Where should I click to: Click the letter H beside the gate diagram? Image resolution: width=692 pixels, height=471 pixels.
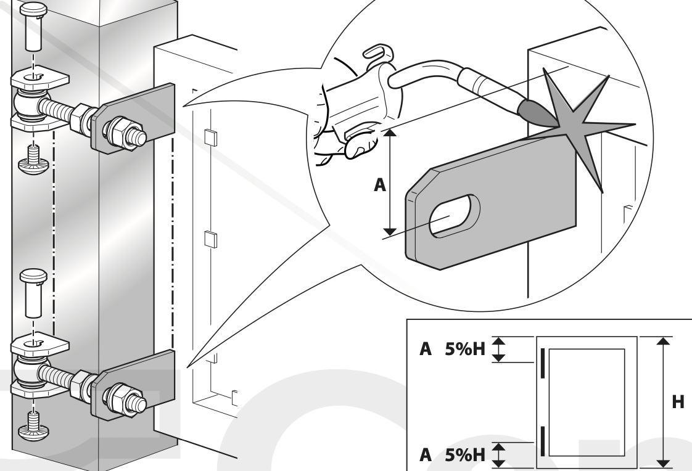(677, 402)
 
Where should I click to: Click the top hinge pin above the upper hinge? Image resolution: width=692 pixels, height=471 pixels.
(31, 31)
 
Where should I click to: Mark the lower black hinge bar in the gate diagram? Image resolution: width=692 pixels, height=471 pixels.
(543, 439)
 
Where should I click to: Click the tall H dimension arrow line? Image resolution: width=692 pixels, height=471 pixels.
(662, 402)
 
